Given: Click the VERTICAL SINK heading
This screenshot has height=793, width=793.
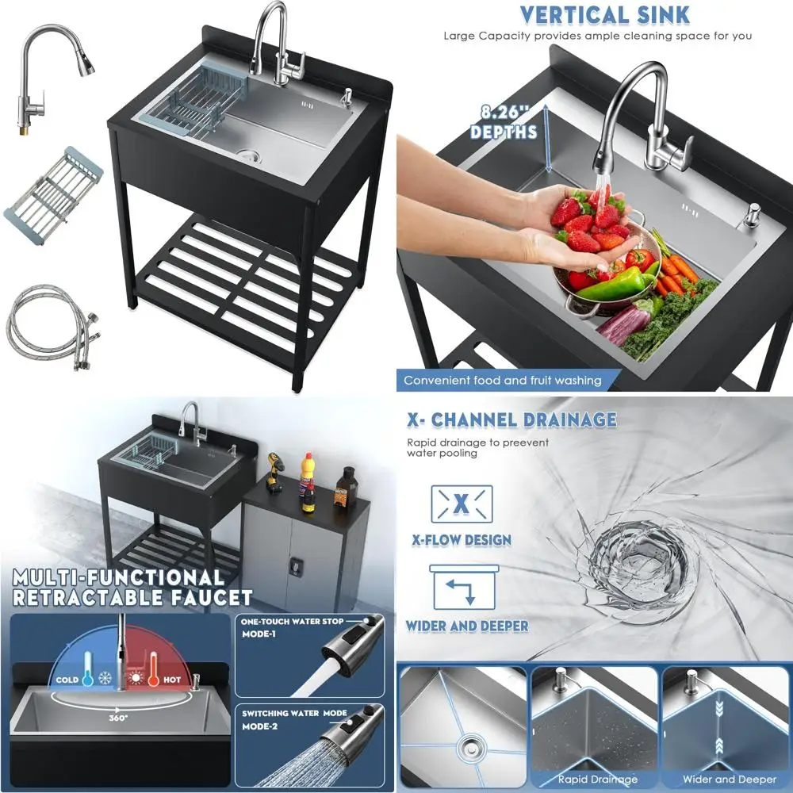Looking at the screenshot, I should [x=605, y=14].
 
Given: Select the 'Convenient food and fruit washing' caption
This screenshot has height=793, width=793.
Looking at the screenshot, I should [x=502, y=381].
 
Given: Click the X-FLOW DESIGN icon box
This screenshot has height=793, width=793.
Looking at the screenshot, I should [x=462, y=504].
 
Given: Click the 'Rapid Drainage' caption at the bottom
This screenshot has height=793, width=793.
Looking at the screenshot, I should [x=596, y=779].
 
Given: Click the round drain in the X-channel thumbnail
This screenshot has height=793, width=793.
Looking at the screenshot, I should [x=469, y=744].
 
